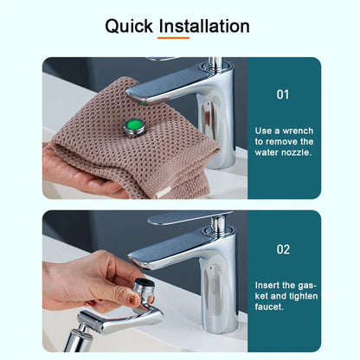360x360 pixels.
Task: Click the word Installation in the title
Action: pyautogui.click(x=206, y=26)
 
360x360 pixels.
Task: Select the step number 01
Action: pyautogui.click(x=283, y=94)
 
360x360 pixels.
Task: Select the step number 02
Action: pyautogui.click(x=283, y=249)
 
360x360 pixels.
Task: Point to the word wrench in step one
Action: pyautogui.click(x=295, y=129)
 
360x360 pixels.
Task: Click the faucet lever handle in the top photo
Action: pyautogui.click(x=169, y=87)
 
